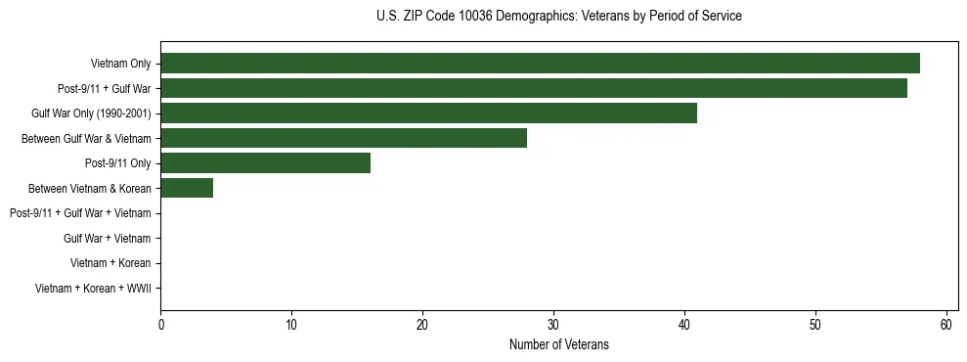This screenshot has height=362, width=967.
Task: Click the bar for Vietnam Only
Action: [x=540, y=64]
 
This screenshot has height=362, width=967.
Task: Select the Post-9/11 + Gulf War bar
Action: [x=534, y=88]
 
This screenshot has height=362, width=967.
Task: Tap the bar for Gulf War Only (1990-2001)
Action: [x=428, y=113]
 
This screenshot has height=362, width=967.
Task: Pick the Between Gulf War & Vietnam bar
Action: [x=343, y=138]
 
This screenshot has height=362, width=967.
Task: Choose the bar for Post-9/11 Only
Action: [x=265, y=163]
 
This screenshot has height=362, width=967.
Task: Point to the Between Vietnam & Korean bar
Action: [x=187, y=188]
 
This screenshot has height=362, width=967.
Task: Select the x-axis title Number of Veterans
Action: [x=558, y=344]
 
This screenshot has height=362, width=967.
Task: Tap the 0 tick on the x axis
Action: [x=160, y=325]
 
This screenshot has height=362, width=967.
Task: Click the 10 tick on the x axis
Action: [x=291, y=325]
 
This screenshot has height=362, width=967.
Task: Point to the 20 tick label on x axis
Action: [x=422, y=325]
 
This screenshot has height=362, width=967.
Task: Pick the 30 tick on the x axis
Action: [x=553, y=325]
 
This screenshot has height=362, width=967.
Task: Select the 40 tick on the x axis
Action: [x=684, y=325]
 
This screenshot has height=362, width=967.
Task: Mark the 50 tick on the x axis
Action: [x=815, y=325]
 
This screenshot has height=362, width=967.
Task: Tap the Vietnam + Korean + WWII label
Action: [x=93, y=289]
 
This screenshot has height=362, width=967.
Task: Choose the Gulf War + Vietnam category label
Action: [x=108, y=239]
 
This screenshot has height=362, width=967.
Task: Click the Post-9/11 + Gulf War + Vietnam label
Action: [x=80, y=213]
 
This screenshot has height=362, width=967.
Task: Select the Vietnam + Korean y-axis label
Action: [x=110, y=263]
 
